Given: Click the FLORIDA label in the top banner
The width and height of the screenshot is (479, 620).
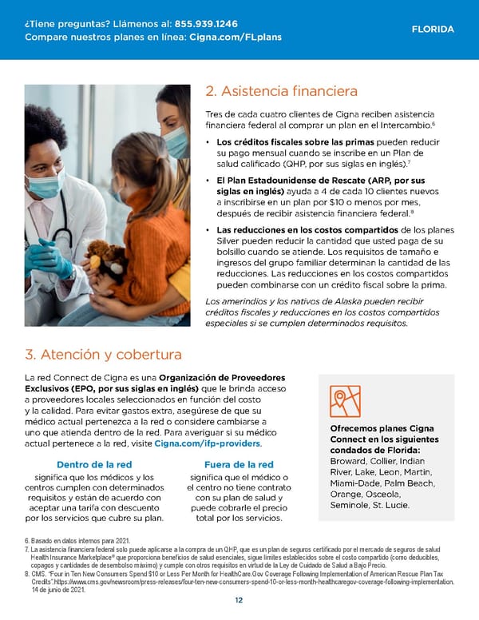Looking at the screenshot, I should tap(433, 30).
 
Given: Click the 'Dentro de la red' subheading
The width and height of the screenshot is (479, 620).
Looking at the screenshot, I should tap(94, 465).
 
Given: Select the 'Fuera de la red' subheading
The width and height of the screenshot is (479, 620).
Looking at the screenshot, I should tap(239, 465).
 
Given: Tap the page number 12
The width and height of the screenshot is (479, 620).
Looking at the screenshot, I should tap(239, 602).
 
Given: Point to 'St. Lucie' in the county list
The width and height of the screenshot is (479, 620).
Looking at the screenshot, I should tap(387, 505).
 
